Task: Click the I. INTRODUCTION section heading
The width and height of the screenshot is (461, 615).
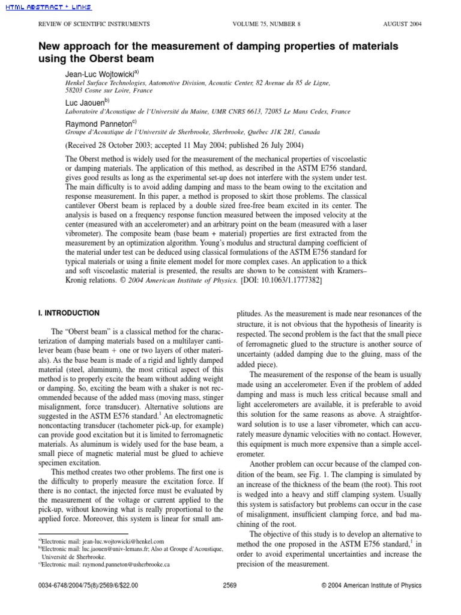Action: tap(69, 313)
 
